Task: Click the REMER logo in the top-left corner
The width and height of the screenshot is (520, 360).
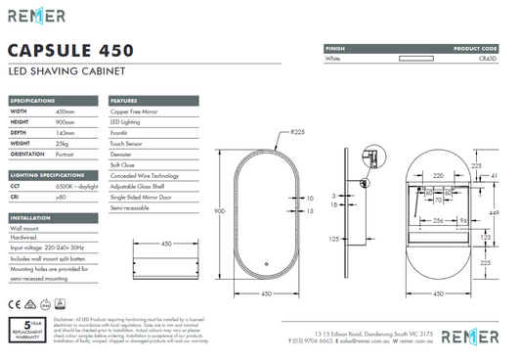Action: click(36, 16)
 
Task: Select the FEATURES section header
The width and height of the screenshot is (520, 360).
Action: click(124, 101)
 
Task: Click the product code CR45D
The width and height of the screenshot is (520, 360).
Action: click(488, 59)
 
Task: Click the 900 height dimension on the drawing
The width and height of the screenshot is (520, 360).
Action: click(220, 211)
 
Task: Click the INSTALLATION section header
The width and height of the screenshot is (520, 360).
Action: click(30, 218)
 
